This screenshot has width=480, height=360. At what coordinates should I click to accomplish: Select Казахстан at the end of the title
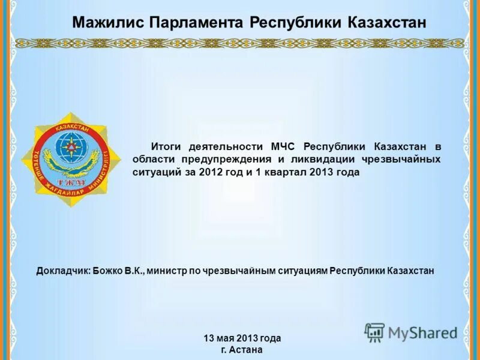tap(387, 23)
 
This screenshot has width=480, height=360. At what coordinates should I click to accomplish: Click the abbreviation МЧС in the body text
tap(283, 146)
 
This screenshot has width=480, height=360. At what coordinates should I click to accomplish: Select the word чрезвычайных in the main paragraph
tap(401, 159)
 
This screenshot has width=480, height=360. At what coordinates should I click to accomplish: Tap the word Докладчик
tap(63, 271)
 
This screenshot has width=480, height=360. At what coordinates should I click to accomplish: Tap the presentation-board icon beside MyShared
tap(374, 332)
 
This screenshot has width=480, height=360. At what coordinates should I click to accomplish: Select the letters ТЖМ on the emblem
tap(71, 182)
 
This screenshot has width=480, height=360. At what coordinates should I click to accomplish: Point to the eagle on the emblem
tap(71, 166)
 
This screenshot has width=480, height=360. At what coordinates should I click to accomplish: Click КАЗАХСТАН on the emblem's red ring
tap(71, 128)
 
